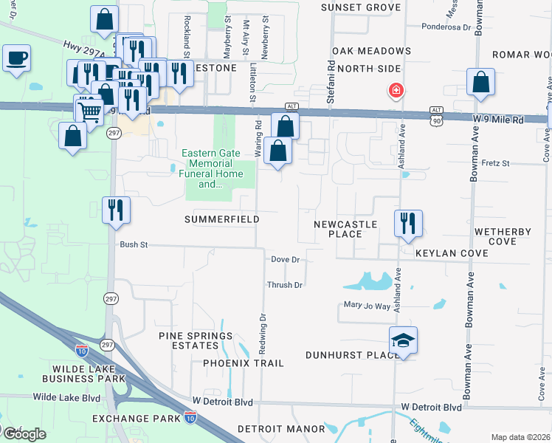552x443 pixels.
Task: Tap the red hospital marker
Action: (x=396, y=91)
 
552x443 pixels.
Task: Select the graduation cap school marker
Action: (x=403, y=340)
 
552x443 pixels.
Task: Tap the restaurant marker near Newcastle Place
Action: (x=408, y=223)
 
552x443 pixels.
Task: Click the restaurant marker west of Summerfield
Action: (x=116, y=210)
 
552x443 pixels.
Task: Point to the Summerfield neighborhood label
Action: (x=221, y=219)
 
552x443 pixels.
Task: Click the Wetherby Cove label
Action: (x=503, y=236)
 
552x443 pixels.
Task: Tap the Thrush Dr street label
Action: (x=285, y=284)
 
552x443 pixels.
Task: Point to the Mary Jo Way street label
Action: (x=367, y=305)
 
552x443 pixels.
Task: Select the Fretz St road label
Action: (x=495, y=162)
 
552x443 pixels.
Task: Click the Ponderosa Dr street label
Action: (x=446, y=27)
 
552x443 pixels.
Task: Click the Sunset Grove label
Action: (x=361, y=7)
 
